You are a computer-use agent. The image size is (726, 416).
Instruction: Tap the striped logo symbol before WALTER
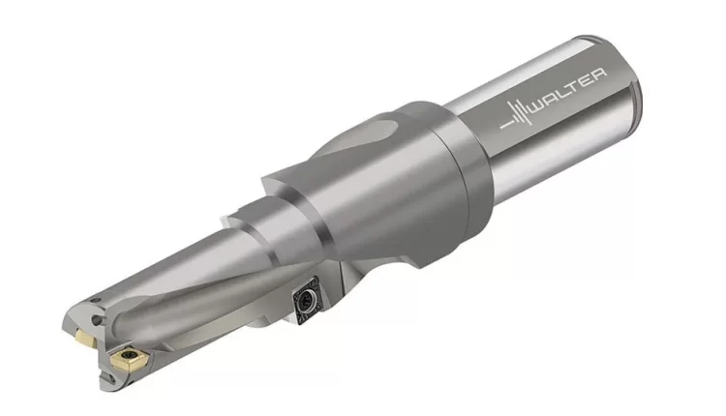point(516,115)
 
